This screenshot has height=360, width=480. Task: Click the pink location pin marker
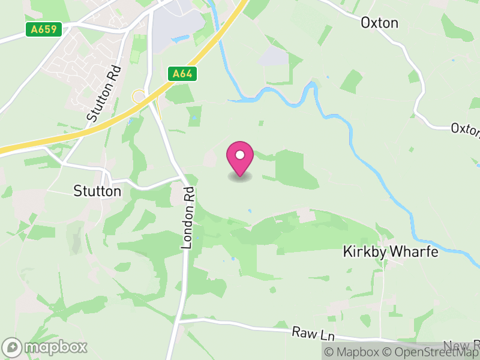pyautogui.click(x=240, y=158)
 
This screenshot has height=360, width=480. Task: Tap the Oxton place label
pyautogui.click(x=379, y=23)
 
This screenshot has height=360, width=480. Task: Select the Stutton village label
pyautogui.click(x=97, y=191)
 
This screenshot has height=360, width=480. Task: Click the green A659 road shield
pyautogui.click(x=44, y=29)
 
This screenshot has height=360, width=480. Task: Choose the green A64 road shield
pyautogui.click(x=182, y=74)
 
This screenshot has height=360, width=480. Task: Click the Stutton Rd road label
pyautogui.click(x=104, y=94)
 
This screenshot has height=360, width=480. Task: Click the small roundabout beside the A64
pyautogui.click(x=139, y=95)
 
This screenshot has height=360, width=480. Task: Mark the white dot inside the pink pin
pyautogui.click(x=240, y=155)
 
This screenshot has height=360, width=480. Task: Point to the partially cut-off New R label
pyautogui.click(x=462, y=345)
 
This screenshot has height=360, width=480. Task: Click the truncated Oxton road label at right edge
pyautogui.click(x=465, y=129)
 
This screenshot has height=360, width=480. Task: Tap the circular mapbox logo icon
pyautogui.click(x=13, y=347)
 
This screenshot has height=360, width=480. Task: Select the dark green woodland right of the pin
pyautogui.click(x=295, y=167)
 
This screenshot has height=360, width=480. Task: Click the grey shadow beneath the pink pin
pyautogui.click(x=240, y=177)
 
